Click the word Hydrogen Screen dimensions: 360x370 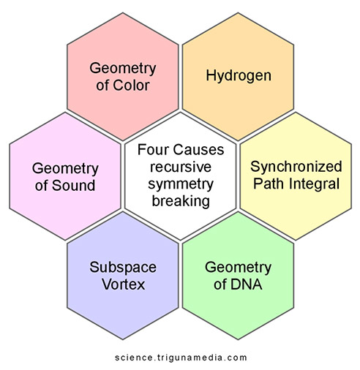[x=239, y=76]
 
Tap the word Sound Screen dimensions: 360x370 [x=73, y=186]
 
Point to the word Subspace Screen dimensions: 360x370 [x=123, y=268]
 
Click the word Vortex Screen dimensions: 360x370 [x=124, y=284]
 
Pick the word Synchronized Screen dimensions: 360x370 [x=296, y=167]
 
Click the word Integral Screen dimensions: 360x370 [x=314, y=184]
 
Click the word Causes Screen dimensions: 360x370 [x=199, y=150]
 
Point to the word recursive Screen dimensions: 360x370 [x=181, y=167]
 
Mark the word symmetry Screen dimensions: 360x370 [x=181, y=184]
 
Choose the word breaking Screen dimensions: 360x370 [x=181, y=201]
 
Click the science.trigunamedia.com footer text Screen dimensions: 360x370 [x=181, y=358]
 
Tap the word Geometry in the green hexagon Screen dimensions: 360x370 [x=238, y=268]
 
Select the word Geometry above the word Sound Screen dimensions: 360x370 [x=65, y=169]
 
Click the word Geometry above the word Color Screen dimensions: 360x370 [x=123, y=68]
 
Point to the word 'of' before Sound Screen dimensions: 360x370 [x=41, y=186]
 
